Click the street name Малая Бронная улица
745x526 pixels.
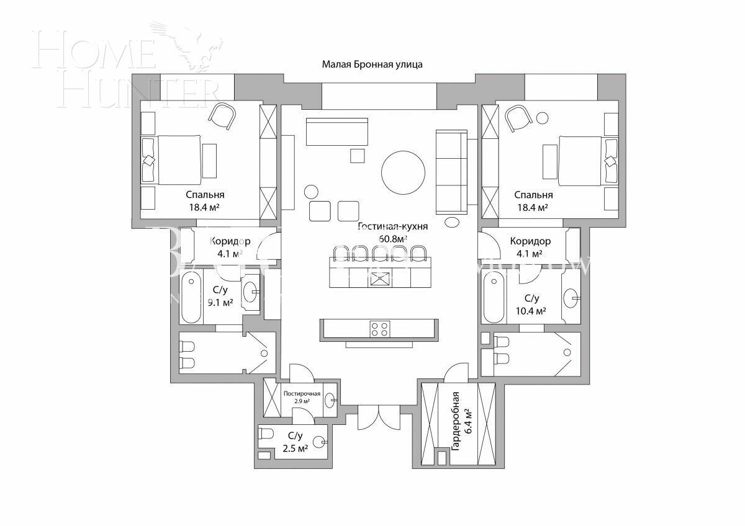click(x=372, y=64)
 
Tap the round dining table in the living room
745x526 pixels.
click(x=404, y=174)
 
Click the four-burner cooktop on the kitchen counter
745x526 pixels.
click(x=380, y=329)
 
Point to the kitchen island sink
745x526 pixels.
click(x=379, y=279)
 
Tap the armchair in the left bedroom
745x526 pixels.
click(x=222, y=117)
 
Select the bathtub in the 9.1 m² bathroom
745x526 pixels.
click(x=190, y=296)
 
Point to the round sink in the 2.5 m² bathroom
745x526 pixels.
click(x=319, y=442)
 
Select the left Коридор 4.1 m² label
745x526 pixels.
click(x=229, y=247)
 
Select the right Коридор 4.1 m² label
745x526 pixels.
click(x=530, y=247)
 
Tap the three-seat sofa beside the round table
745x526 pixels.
click(x=451, y=171)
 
